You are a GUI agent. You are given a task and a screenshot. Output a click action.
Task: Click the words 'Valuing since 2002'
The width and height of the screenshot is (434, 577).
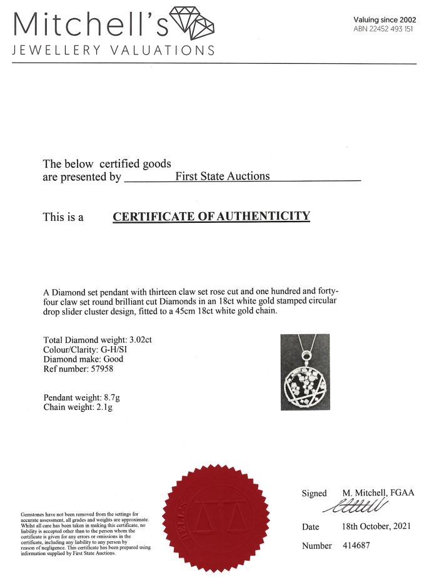pos(383,20)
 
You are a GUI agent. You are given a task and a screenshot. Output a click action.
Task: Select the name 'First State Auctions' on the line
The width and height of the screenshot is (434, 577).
pos(222,176)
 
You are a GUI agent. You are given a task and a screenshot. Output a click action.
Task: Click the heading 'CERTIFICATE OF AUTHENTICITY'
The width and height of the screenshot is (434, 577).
pos(211,217)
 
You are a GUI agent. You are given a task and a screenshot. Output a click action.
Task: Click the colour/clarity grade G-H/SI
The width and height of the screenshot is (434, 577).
pos(124,349)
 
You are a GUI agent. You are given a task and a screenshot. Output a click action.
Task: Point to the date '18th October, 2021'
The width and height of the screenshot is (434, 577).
pos(376,526)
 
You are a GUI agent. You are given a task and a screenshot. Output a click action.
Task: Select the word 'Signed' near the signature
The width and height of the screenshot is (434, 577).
pos(314,493)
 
